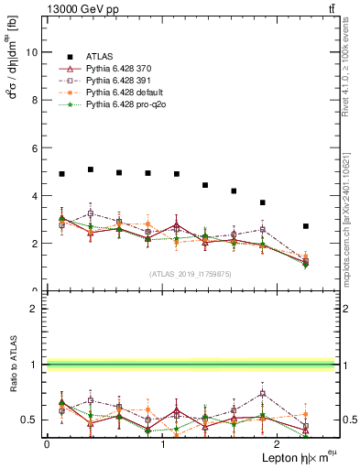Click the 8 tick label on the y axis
pos(34,100)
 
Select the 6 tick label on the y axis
pos(34,147)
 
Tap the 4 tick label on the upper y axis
pos(34,195)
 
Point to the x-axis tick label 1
pos(163,443)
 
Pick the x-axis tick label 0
pos(46,443)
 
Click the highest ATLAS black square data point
pos(91,169)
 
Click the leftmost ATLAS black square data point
pos(61,174)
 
